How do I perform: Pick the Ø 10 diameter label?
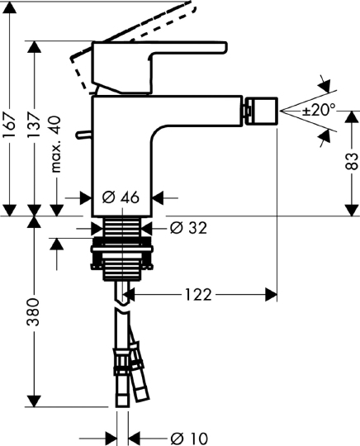(x=187, y=437)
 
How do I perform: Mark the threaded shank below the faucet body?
(x=125, y=226)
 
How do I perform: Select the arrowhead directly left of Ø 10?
(x=111, y=437)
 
